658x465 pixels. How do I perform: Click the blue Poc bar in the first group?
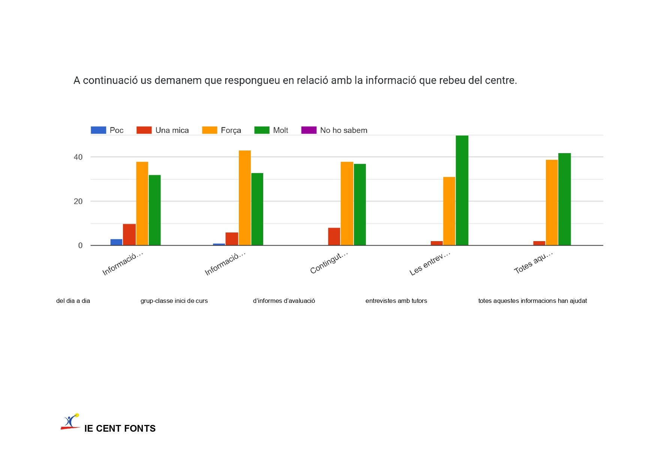coord(116,242)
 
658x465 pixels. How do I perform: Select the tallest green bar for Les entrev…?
coord(462,190)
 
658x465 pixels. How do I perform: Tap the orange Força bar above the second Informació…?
coord(245,198)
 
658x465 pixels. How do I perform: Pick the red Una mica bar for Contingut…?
coord(334,237)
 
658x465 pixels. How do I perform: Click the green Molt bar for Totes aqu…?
coord(564,199)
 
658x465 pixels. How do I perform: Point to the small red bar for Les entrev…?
coord(436,243)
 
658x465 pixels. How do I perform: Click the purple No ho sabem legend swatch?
coord(309,130)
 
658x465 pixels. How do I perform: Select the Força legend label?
coord(231,130)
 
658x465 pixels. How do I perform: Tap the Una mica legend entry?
coord(172,130)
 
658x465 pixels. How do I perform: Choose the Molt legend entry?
coord(280,130)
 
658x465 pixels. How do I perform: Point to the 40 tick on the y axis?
coord(78,157)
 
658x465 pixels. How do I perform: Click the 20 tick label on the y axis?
coord(78,201)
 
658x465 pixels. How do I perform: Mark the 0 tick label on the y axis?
coord(80,246)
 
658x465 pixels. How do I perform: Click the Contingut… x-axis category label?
coord(329,263)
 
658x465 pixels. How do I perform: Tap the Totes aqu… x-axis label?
coord(533,263)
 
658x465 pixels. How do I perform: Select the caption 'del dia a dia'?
coord(73,301)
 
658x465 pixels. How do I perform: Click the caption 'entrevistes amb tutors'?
coord(396,301)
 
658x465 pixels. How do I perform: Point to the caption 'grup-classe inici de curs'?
coord(174,301)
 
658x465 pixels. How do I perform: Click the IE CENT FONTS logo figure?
coord(70,422)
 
